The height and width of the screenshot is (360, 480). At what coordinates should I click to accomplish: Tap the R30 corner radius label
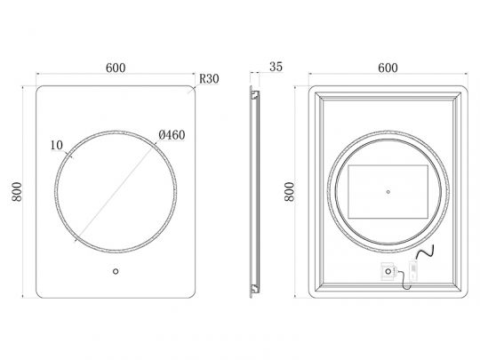click(x=209, y=79)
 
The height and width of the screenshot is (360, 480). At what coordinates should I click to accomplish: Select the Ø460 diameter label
click(x=171, y=134)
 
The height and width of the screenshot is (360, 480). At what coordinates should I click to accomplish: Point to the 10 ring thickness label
click(x=57, y=142)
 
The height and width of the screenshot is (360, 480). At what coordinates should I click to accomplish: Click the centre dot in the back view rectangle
click(x=388, y=190)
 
